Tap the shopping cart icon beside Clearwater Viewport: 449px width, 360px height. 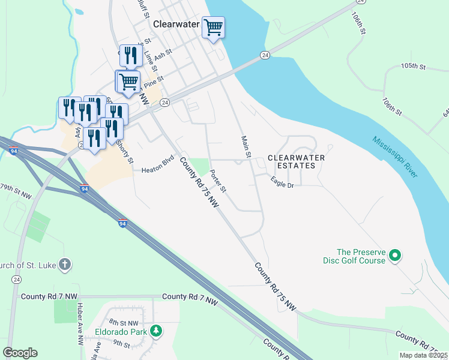(213, 28)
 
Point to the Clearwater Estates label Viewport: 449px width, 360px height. (296, 161)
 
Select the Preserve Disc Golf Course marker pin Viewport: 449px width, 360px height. (394, 256)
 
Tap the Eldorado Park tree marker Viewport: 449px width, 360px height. (155, 331)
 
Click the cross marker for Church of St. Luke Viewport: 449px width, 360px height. (65, 264)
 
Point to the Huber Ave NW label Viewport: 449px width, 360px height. (80, 323)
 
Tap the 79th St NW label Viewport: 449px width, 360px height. (16, 191)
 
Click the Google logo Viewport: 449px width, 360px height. (20, 353)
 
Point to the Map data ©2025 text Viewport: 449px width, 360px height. (423, 355)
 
